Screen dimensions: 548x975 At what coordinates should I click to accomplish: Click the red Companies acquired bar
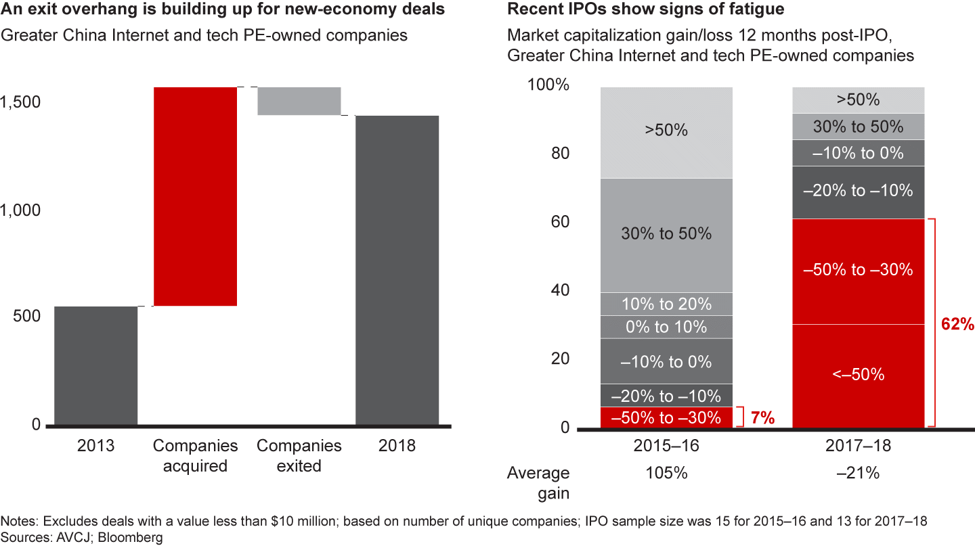coord(195,196)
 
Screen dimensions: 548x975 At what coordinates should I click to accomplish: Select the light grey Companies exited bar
coord(299,101)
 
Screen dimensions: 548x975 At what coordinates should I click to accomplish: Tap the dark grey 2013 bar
coord(95,365)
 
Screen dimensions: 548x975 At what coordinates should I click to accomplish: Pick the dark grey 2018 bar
coord(397,271)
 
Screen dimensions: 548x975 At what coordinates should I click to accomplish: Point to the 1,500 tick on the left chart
coord(22,101)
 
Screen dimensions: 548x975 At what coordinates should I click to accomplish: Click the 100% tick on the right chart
coord(548,85)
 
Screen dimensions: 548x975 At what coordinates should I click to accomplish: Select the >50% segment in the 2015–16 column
coord(666,131)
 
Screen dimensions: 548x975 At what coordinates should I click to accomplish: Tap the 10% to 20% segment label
coord(666,304)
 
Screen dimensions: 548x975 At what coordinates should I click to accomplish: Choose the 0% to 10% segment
coord(666,327)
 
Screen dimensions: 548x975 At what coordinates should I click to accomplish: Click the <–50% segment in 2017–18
coord(858,375)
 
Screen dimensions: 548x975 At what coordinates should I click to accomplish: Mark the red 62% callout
coord(957,325)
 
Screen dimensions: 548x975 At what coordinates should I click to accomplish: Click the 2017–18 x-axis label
coord(858,447)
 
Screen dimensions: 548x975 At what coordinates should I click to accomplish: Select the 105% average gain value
coord(666,473)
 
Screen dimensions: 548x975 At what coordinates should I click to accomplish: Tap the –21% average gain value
coord(858,473)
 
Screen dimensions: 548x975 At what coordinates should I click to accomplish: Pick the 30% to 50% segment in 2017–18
coord(858,127)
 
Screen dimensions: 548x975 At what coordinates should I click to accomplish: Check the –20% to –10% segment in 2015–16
coord(666,396)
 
